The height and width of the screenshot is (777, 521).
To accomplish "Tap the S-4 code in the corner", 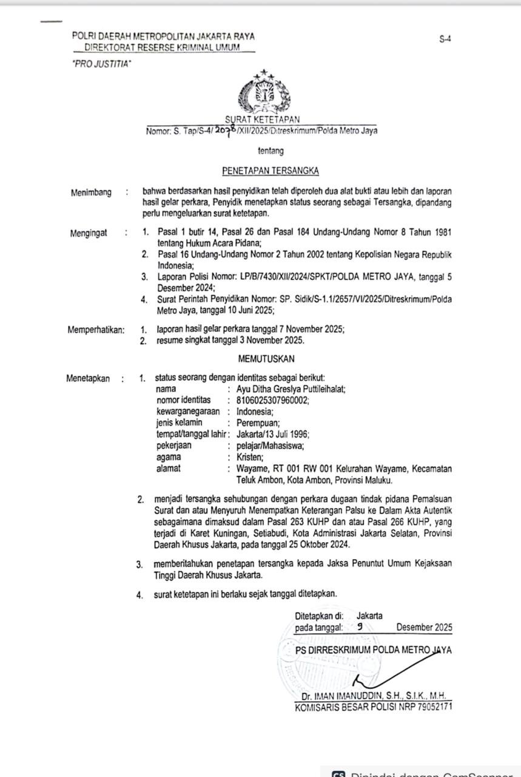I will click(445, 39).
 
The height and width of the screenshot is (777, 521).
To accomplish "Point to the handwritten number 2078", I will click(223, 129).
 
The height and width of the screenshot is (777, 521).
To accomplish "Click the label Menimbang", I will click(91, 192).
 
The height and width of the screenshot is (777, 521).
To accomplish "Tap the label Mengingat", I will click(89, 232).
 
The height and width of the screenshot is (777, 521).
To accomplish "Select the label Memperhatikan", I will click(96, 330).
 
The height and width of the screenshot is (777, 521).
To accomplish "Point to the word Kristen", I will click(250, 457).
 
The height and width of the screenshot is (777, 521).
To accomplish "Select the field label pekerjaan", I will click(173, 446).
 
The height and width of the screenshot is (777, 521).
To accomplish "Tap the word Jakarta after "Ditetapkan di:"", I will click(369, 616).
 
